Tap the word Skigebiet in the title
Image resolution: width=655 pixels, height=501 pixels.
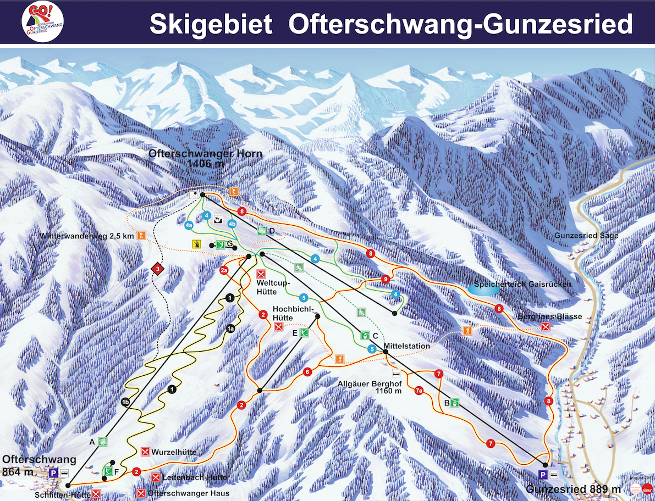[211, 24]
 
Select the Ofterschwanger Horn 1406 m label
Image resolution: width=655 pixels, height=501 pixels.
[205, 158]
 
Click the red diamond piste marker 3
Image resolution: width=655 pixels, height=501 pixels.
[158, 269]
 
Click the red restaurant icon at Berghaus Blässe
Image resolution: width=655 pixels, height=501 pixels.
[546, 327]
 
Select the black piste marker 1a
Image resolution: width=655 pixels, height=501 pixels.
[231, 329]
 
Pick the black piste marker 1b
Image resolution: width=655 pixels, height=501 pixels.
[125, 403]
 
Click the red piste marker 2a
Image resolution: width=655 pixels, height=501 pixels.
[224, 270]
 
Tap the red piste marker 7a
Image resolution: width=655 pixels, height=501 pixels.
[419, 391]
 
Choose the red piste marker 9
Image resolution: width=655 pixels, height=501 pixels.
[386, 280]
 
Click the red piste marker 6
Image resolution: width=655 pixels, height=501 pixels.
[307, 372]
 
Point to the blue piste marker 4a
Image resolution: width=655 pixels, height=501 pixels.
[189, 225]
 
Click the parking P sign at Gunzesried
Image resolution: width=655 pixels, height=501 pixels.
[543, 475]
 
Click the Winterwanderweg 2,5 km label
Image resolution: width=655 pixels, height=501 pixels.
[86, 236]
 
